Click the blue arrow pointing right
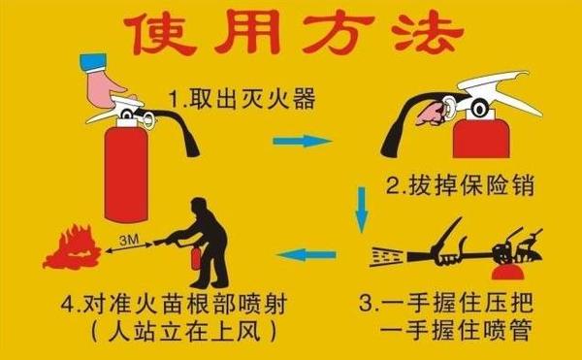[x=296, y=141]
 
